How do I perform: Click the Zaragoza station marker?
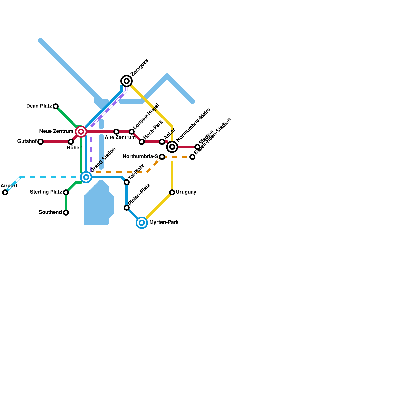(127, 81)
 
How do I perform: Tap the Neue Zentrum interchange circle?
(81, 132)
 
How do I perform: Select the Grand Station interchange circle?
(86, 177)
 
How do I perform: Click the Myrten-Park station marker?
(142, 223)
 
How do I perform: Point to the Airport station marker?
(5, 192)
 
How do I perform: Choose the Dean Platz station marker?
(56, 106)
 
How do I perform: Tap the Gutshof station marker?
(40, 142)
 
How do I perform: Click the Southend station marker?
(66, 213)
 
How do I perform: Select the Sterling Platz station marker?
(66, 192)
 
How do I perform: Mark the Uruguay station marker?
(172, 192)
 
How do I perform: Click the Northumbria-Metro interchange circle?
(172, 147)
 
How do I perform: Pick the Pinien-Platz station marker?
(127, 208)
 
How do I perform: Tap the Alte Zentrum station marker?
(116, 132)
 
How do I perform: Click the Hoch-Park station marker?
(142, 142)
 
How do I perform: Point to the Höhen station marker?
(71, 142)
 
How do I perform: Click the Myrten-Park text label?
(164, 222)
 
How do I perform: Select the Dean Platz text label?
(39, 106)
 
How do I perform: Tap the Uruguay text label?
(186, 192)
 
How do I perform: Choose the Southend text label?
(50, 212)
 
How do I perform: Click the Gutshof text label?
(27, 141)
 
